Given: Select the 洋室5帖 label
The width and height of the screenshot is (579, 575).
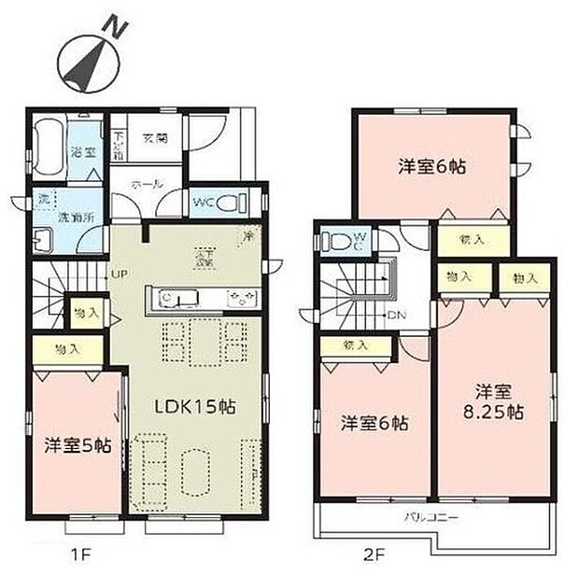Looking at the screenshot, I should click(78, 446).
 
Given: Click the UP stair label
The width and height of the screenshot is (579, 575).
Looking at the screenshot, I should click(120, 274).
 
